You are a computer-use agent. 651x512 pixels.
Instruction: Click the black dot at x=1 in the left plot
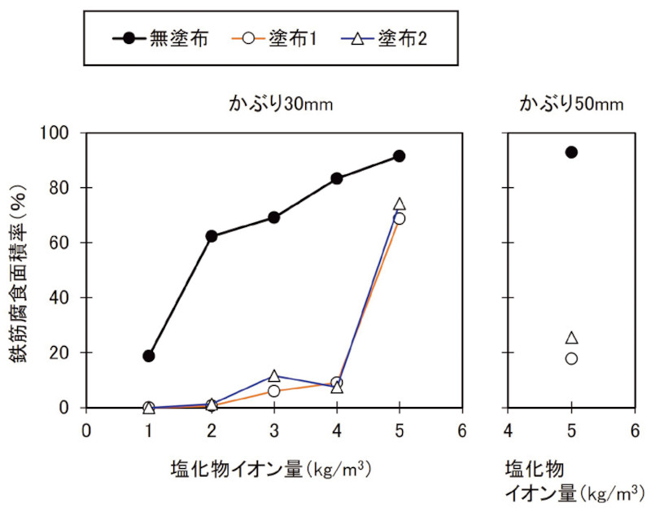click(149, 356)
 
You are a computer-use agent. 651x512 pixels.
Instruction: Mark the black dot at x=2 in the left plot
click(212, 236)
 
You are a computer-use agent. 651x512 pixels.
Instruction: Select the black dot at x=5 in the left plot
click(399, 155)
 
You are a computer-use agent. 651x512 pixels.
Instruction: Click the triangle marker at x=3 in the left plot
click(274, 375)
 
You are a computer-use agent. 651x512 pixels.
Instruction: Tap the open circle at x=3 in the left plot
click(274, 391)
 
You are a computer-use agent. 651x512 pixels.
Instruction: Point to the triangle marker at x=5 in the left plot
click(399, 203)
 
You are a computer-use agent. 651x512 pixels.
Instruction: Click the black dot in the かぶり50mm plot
click(571, 152)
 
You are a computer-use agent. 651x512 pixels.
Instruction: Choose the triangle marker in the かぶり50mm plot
click(571, 337)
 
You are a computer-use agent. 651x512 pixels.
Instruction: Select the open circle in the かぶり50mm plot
click(571, 358)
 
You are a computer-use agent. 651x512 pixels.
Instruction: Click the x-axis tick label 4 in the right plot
click(509, 430)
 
